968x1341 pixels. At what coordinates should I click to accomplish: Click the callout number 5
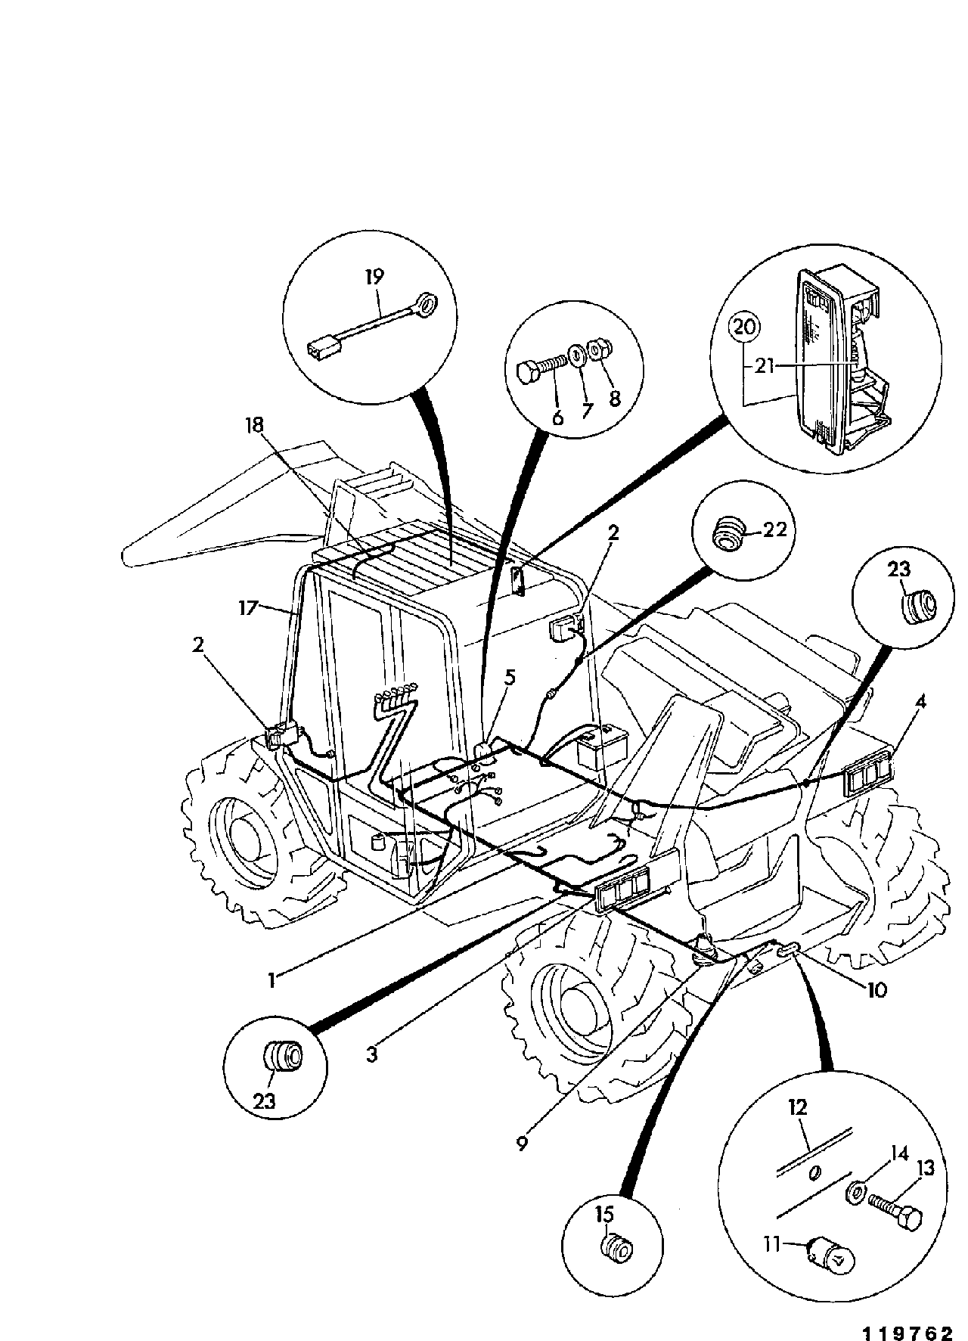coord(510,678)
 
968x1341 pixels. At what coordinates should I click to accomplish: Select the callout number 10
coord(876,989)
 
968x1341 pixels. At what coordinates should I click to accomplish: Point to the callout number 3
coord(371,1054)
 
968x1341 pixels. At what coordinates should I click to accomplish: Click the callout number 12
coord(798,1108)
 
